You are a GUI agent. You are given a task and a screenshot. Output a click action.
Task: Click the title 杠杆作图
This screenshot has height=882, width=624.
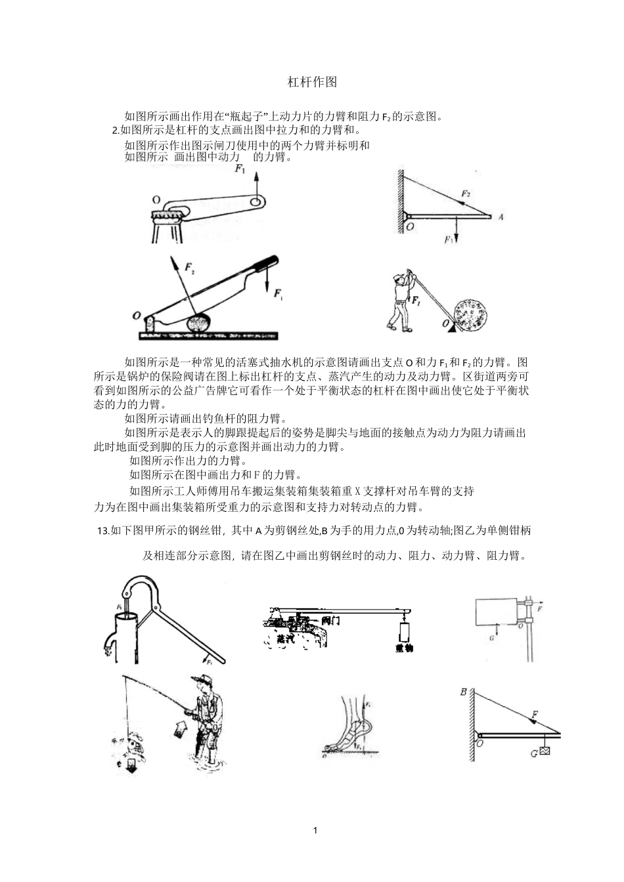[312, 82]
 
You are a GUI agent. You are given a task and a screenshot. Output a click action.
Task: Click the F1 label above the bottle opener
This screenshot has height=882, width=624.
[240, 171]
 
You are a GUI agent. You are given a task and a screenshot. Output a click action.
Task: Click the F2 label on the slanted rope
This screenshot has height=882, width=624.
[465, 194]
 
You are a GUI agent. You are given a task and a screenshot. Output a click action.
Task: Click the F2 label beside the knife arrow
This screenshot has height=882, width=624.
[189, 268]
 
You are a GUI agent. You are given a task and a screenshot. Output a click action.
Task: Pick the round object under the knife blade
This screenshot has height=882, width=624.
[201, 323]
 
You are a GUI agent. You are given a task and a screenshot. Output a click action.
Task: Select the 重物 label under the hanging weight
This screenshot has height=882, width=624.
[403, 648]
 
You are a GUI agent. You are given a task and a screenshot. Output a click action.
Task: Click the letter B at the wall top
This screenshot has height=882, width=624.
[464, 692]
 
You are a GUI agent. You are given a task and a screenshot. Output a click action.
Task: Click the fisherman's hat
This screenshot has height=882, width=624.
[200, 679]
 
